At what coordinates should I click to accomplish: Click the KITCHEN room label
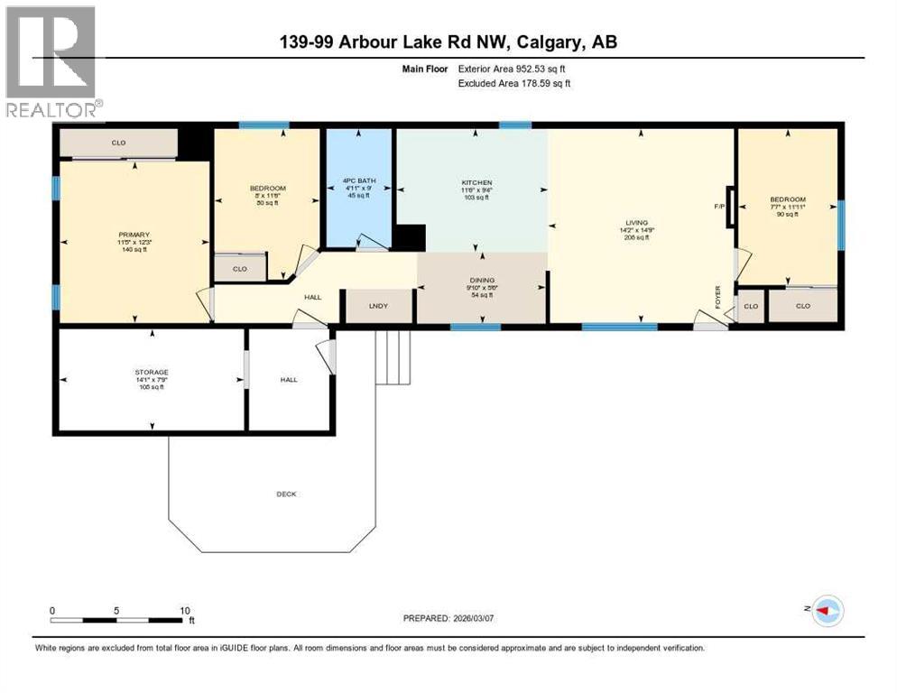point(472,182)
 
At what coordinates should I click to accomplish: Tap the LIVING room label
point(641,222)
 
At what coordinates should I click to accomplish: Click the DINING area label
point(481,281)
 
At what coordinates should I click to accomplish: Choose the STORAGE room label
point(152,372)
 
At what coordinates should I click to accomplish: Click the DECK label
point(286,494)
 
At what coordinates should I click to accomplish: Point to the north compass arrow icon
point(825,611)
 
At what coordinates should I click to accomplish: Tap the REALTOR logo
point(53,62)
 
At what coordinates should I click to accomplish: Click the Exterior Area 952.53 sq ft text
point(515,68)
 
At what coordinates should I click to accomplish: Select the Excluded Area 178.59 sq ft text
point(514,83)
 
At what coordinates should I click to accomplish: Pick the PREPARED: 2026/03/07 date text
point(460,618)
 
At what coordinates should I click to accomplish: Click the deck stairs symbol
point(393,356)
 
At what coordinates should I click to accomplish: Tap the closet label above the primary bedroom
point(118,143)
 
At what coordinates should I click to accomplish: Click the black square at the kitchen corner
point(409,238)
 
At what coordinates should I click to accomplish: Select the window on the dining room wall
point(476,327)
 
